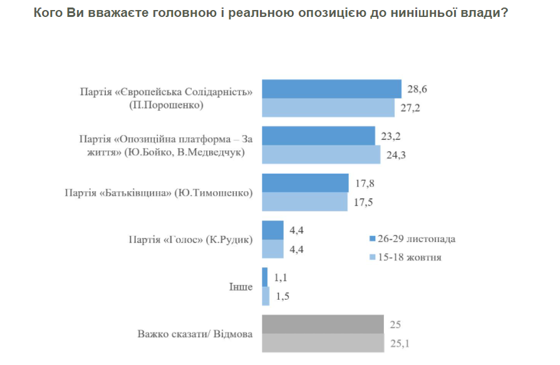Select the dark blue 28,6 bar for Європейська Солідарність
pyautogui.click(x=331, y=89)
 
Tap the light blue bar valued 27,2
pyautogui.click(x=328, y=108)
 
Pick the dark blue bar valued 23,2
pyautogui.click(x=318, y=136)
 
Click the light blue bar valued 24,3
pyautogui.click(x=321, y=155)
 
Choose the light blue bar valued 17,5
pyautogui.click(x=304, y=202)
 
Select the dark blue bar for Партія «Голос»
pyautogui.click(x=272, y=230)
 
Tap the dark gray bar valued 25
pyautogui.click(x=323, y=324)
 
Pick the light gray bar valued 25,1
pyautogui.click(x=323, y=343)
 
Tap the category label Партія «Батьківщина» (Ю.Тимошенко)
pyautogui.click(x=158, y=193)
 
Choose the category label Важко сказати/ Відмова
pyautogui.click(x=195, y=334)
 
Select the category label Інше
pyautogui.click(x=241, y=287)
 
